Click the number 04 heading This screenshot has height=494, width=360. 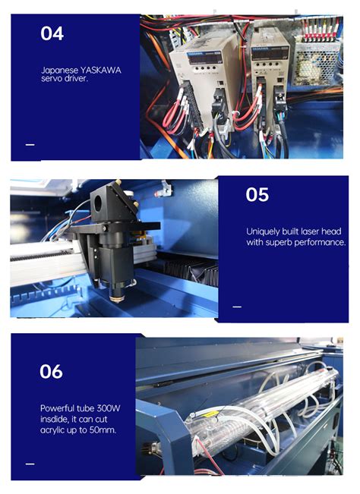(x=52, y=33)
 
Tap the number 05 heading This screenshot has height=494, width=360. (x=257, y=195)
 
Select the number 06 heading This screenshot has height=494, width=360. (x=51, y=371)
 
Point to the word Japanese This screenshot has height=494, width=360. (x=58, y=68)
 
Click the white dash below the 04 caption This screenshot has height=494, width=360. (x=30, y=144)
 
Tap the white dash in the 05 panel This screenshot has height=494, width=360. (x=236, y=307)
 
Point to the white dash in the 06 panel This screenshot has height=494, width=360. (x=30, y=463)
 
